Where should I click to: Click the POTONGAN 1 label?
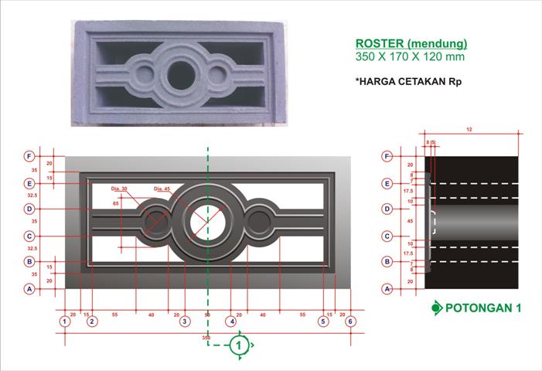[485, 308]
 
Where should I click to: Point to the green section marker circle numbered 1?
[240, 345]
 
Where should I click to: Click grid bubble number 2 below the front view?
[92, 321]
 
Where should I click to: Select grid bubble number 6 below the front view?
[350, 321]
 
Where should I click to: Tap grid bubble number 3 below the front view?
[185, 321]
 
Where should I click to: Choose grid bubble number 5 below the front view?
[322, 321]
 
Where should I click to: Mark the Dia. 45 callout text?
[162, 188]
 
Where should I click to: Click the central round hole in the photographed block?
[182, 74]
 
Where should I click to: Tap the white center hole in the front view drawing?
[207, 220]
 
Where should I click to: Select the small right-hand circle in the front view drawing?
[260, 222]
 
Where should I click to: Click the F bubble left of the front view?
[29, 155]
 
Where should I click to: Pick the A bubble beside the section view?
[387, 288]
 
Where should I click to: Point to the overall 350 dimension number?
[206, 339]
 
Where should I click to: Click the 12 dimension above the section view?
[469, 129]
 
